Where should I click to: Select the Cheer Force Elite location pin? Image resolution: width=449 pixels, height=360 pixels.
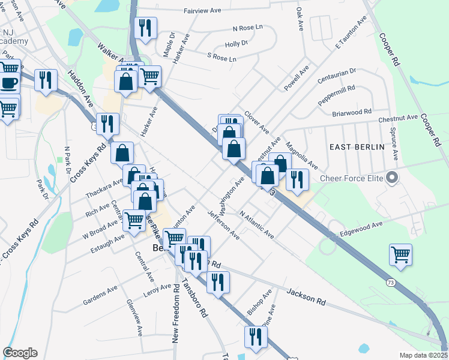point(393,178)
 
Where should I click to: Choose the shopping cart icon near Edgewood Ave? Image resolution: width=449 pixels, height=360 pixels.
point(400,253)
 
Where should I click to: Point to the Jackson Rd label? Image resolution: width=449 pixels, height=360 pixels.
point(306,295)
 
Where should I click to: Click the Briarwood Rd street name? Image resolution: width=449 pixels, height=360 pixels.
point(352,112)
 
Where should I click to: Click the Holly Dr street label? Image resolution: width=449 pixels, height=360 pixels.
point(236,44)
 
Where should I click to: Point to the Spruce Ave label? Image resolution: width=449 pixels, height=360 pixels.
point(396,146)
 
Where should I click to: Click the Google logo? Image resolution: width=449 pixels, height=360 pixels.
point(20,353)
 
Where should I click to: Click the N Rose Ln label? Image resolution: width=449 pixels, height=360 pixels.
point(248,28)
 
